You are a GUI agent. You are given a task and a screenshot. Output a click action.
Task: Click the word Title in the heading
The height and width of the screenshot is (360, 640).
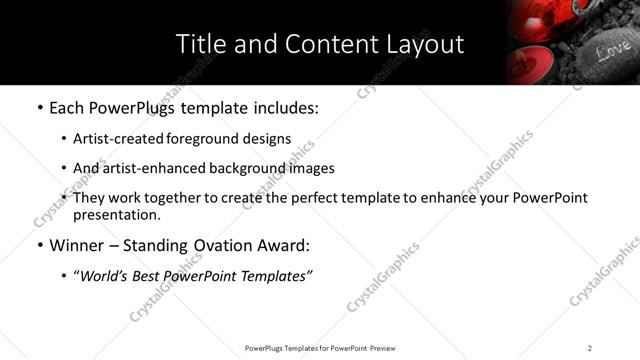click(x=200, y=44)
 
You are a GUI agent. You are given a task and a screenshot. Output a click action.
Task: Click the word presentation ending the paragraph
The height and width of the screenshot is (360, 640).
click(x=115, y=214)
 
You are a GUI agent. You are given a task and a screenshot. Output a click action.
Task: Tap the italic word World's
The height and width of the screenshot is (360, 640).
click(x=105, y=275)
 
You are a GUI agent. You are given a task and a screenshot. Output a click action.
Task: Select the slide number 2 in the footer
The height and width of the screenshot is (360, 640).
click(x=590, y=347)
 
